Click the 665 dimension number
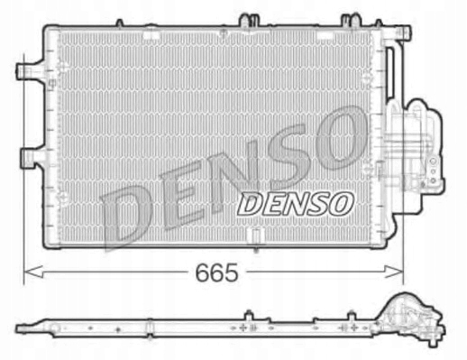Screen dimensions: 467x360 216,272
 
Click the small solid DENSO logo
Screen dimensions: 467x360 295,204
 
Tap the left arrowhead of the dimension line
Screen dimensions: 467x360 33,272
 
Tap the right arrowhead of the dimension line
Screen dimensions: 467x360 393,272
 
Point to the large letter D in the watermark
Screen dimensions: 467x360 126,214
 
